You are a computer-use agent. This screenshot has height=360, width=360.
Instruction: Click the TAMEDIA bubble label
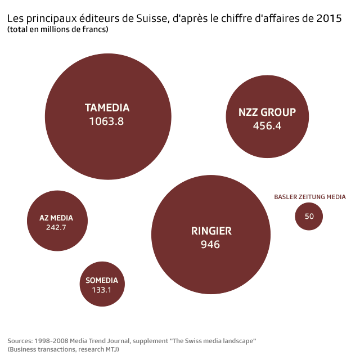107,107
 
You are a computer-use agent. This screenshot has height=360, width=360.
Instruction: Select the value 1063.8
106,121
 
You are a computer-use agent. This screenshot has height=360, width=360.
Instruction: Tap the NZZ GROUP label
267,112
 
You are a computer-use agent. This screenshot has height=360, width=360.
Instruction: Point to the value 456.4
267,125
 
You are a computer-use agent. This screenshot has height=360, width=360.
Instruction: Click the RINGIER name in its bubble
211,231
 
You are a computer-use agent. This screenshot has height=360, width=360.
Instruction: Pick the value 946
210,245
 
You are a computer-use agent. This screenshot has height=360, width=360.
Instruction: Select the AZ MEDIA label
56,218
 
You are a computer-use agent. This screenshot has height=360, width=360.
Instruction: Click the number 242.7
56,228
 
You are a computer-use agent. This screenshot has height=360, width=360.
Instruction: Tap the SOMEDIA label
102,280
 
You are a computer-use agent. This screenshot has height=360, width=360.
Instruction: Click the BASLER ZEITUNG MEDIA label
310,197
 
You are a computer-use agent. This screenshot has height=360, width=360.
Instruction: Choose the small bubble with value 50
309,216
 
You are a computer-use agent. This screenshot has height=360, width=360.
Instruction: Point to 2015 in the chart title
328,19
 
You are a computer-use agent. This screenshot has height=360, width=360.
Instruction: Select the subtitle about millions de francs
58,29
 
